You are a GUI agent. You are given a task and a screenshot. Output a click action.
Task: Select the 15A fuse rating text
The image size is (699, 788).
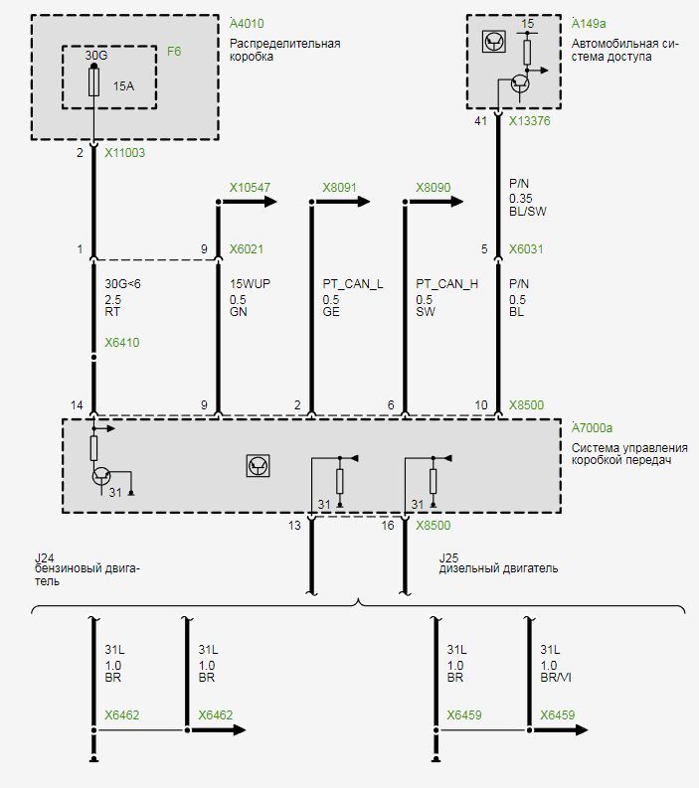[123, 86]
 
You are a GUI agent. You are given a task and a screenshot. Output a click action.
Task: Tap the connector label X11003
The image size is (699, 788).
[124, 154]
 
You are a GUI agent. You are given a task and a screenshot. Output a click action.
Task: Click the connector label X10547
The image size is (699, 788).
[250, 187]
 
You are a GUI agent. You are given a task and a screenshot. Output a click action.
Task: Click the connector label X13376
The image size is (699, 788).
[529, 121]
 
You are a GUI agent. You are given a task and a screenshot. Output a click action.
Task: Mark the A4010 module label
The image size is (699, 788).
[247, 23]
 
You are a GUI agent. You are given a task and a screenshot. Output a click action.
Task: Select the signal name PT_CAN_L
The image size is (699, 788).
[352, 284]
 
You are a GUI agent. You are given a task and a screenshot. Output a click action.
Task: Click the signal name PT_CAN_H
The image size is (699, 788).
[446, 284]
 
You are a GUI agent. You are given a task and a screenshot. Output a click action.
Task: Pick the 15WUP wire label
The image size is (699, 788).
[250, 284]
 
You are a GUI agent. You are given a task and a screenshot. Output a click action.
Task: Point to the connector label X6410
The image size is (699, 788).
[122, 344]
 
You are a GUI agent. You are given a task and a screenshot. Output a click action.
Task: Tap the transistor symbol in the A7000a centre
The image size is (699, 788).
[258, 464]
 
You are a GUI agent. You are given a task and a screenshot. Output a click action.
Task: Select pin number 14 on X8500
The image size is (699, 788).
[77, 405]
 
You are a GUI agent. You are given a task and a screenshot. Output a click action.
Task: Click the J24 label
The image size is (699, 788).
[44, 557]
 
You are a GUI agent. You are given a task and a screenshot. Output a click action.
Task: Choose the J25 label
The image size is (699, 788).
[448, 557]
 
